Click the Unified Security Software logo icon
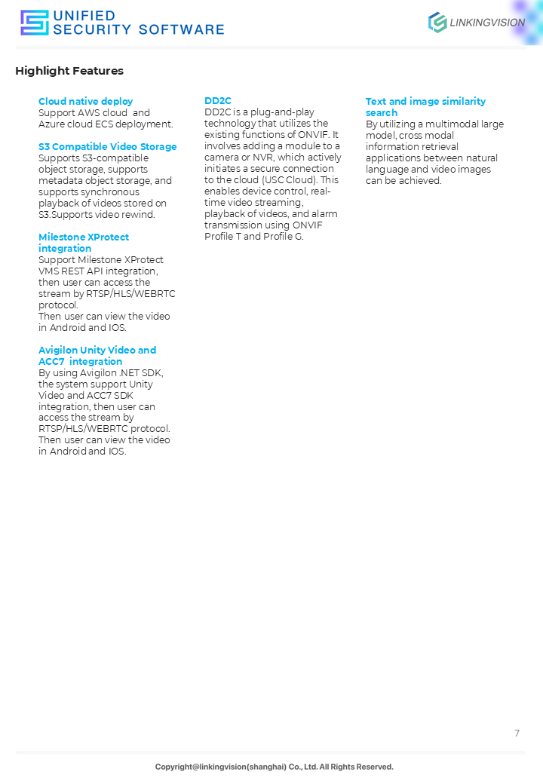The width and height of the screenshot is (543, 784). click(x=34, y=23)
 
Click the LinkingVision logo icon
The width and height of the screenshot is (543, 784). click(x=437, y=23)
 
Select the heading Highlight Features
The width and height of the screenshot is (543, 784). click(x=69, y=71)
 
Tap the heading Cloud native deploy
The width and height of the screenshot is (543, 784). click(x=85, y=102)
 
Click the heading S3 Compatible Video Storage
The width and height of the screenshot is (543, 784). click(x=107, y=147)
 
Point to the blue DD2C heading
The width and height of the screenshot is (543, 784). click(x=218, y=101)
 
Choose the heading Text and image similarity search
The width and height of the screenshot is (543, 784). click(x=425, y=107)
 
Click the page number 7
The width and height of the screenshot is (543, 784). click(x=517, y=733)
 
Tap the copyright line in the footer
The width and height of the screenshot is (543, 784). click(x=274, y=767)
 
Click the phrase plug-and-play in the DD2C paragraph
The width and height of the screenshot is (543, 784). click(x=284, y=112)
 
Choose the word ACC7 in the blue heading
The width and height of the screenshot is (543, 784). click(x=51, y=362)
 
